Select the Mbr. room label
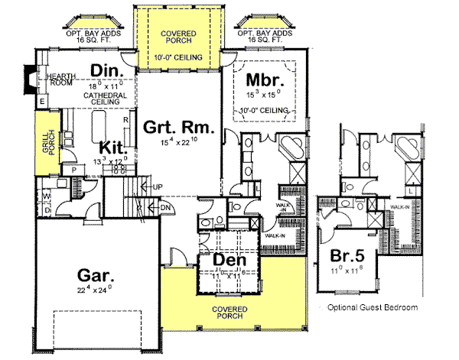pyautogui.click(x=265, y=79)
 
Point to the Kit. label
pyautogui.click(x=112, y=147)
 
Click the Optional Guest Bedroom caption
pyautogui.click(x=373, y=307)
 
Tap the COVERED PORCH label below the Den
pyautogui.click(x=229, y=313)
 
